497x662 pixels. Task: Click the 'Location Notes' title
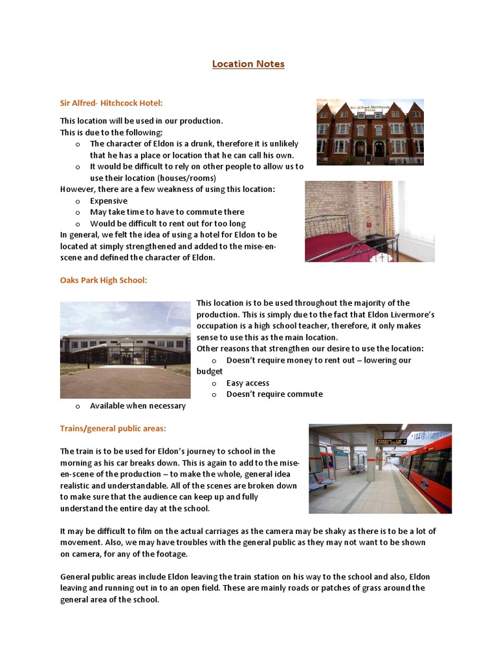(x=248, y=64)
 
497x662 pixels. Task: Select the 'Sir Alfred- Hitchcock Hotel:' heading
(x=111, y=103)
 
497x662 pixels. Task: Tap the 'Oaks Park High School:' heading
(x=104, y=280)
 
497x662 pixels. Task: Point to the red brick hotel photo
(x=370, y=132)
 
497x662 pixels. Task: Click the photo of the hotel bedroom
(x=370, y=221)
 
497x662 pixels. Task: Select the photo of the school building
(x=125, y=350)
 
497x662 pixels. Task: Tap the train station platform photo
(x=380, y=469)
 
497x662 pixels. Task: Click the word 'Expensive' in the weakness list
(x=109, y=200)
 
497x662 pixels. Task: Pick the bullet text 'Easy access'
(x=248, y=383)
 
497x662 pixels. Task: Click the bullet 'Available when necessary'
(x=138, y=406)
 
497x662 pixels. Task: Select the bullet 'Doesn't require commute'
(x=274, y=394)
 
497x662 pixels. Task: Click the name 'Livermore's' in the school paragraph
(x=410, y=314)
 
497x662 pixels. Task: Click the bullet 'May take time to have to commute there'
(x=167, y=212)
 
